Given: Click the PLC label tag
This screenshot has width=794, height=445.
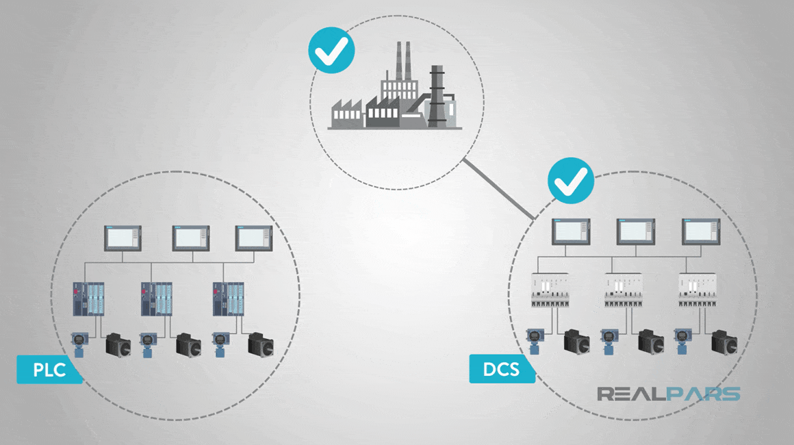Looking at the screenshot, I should click(x=49, y=370).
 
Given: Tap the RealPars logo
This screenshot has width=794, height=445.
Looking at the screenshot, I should click(x=668, y=394).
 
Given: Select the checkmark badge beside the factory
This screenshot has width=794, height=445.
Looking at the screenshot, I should click(x=331, y=50).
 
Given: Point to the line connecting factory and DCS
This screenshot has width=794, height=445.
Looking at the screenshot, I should click(x=498, y=190).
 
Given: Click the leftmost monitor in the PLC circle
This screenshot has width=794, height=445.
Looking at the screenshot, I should click(x=123, y=238).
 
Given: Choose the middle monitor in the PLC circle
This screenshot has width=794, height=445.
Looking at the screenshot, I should click(x=190, y=238).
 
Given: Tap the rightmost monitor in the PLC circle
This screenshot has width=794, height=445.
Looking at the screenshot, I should click(x=255, y=238).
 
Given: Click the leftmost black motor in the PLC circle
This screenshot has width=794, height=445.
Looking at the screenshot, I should click(x=119, y=345).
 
